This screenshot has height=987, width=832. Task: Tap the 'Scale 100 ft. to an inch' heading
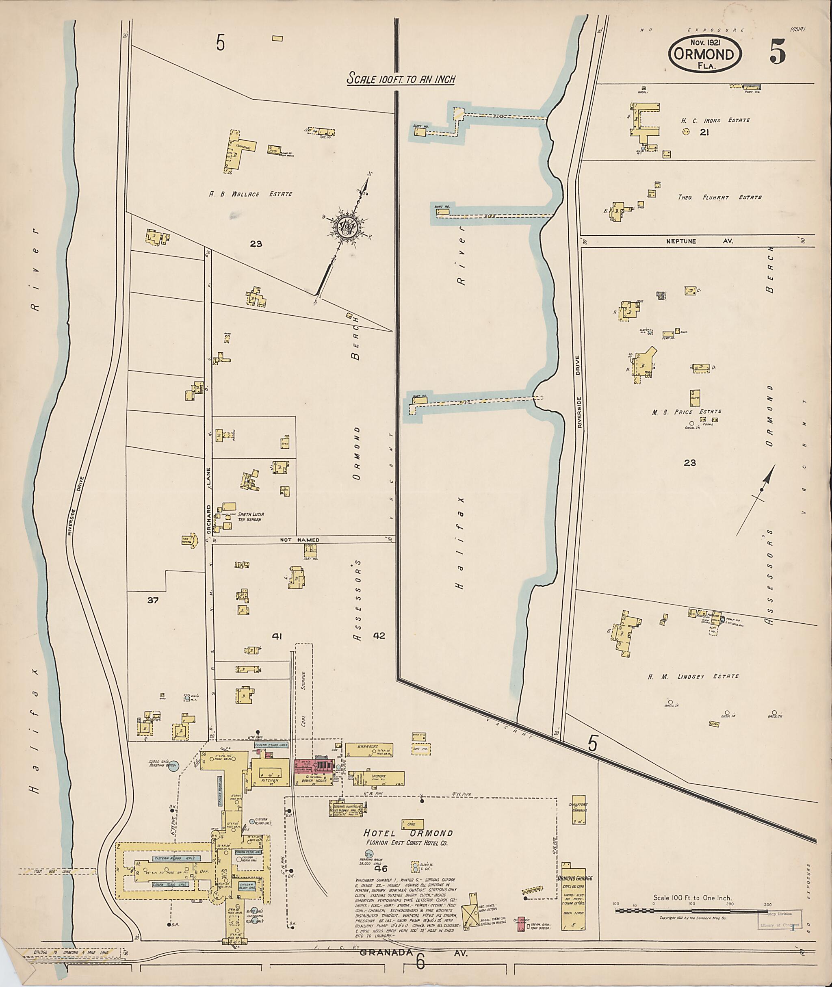coord(401,79)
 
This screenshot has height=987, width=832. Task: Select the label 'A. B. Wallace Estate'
coord(250,194)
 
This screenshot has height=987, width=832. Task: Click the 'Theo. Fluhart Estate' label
coord(720,197)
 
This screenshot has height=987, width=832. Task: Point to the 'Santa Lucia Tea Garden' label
coord(250,516)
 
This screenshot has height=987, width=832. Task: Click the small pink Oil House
coord(521,924)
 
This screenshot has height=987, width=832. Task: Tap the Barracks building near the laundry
coord(369,750)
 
